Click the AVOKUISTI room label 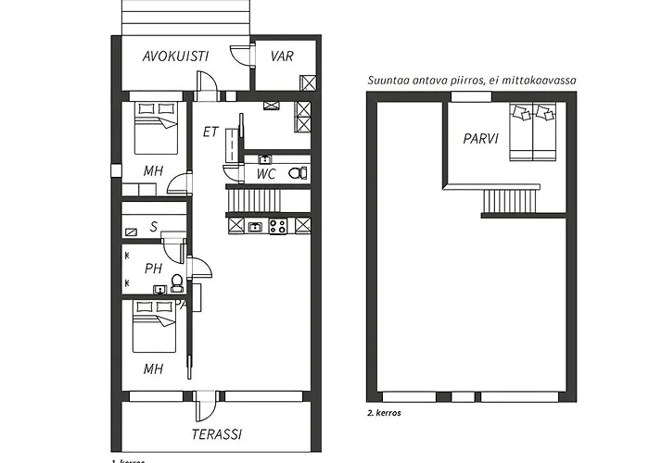click(175, 56)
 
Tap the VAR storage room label click(282, 56)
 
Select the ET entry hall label click(210, 131)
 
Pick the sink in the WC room click(264, 159)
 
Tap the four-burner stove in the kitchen click(277, 226)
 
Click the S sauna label click(153, 226)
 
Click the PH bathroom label click(154, 269)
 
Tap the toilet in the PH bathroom click(177, 288)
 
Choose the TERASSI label click(217, 433)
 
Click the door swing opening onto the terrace click(207, 407)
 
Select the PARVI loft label click(481, 139)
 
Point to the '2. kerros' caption click(384, 413)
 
